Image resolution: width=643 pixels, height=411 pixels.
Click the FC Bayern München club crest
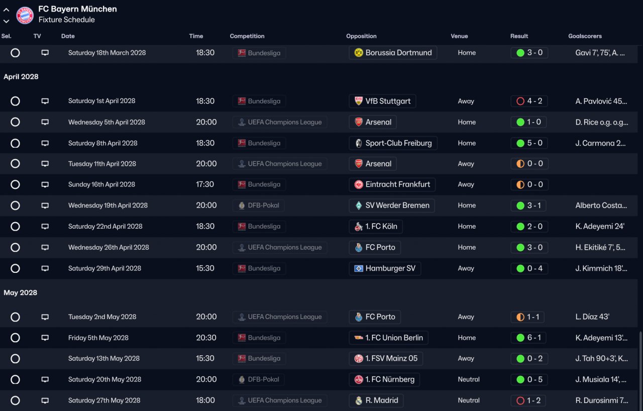click(x=25, y=15)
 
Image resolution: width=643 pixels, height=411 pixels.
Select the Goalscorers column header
click(x=585, y=36)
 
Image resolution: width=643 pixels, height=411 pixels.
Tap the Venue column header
click(x=459, y=36)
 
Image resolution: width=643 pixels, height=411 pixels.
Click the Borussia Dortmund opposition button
click(x=393, y=53)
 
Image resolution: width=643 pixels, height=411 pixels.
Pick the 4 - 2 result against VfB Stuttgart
click(x=529, y=101)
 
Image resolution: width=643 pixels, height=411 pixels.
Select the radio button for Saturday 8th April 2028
click(x=15, y=143)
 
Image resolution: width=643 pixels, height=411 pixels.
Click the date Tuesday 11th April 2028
click(x=102, y=164)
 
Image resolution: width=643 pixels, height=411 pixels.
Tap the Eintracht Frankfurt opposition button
click(x=392, y=184)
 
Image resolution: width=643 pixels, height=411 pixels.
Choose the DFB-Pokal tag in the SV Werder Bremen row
click(x=259, y=205)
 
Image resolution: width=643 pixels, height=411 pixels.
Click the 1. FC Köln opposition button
click(x=376, y=227)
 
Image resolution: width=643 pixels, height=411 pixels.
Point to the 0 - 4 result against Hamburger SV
click(x=529, y=268)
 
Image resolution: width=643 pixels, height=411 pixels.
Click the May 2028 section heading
click(x=21, y=293)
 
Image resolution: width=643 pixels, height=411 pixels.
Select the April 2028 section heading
click(x=21, y=77)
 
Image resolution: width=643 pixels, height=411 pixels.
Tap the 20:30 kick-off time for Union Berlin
click(x=206, y=338)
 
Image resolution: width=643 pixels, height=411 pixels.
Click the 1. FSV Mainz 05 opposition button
click(x=386, y=359)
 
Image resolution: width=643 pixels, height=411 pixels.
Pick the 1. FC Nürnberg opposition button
click(x=384, y=379)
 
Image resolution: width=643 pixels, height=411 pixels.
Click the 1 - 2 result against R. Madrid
click(x=529, y=400)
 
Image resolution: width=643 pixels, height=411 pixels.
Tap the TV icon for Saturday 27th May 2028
click(x=45, y=400)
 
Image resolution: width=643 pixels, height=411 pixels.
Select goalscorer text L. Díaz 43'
click(x=592, y=317)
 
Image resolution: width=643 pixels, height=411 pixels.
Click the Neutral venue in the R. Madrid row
click(x=469, y=400)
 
